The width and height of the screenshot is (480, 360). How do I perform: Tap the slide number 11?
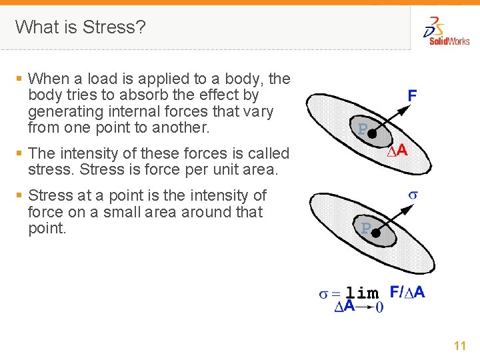click(x=459, y=346)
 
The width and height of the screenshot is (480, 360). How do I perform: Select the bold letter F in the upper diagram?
click(x=413, y=95)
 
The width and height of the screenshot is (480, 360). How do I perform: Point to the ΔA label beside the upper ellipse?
click(x=398, y=151)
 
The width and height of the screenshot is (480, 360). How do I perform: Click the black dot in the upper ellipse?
click(x=373, y=134)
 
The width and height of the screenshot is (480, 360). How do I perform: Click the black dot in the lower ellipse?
click(x=375, y=233)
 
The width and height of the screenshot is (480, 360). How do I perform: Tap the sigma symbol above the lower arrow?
click(x=413, y=195)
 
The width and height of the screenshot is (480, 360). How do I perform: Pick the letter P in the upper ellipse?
click(x=363, y=129)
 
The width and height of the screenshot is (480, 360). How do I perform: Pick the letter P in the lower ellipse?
click(x=365, y=229)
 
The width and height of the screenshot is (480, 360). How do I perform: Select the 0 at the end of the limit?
click(x=379, y=307)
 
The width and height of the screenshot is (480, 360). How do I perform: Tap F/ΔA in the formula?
click(x=407, y=291)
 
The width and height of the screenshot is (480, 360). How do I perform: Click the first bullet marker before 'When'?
click(x=19, y=79)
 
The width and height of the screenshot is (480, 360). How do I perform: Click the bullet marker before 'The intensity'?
click(x=19, y=153)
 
